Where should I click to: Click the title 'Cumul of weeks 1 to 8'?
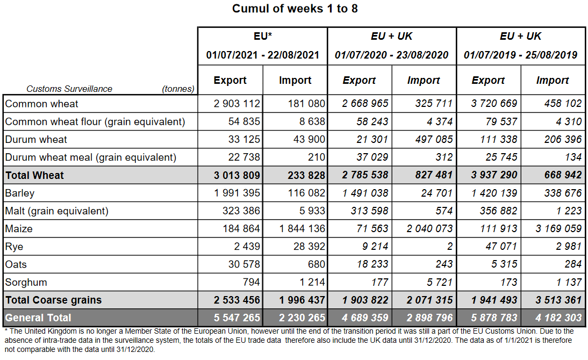pyautogui.click(x=295, y=9)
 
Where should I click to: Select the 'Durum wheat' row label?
pyautogui.click(x=36, y=140)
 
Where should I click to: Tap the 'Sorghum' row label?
pyautogui.click(x=26, y=283)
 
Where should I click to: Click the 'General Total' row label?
pyautogui.click(x=38, y=318)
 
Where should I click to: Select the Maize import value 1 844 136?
pyautogui.click(x=302, y=229)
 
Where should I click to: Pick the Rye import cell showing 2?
pyautogui.click(x=450, y=247)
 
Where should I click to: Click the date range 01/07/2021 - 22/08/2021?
pyautogui.click(x=262, y=55)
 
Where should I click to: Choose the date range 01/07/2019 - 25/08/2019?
pyautogui.click(x=520, y=55)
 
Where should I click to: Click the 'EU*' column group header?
pyautogui.click(x=262, y=37)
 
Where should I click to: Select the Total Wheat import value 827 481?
pyautogui.click(x=431, y=175)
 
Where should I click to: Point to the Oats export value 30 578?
pyautogui.click(x=244, y=264)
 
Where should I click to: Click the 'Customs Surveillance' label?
pyautogui.click(x=69, y=89)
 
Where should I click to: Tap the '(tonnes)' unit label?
pyautogui.click(x=178, y=89)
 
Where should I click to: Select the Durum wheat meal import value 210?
pyautogui.click(x=316, y=157)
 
